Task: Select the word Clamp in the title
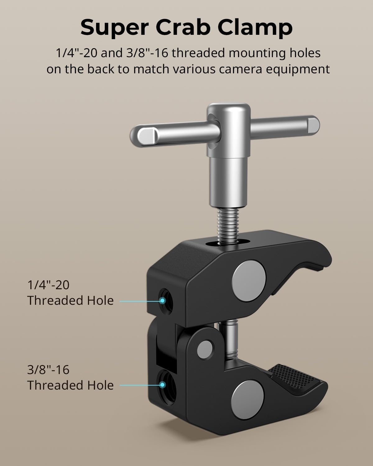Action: [x=257, y=27]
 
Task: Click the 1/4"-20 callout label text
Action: [x=48, y=285]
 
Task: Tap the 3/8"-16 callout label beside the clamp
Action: [x=48, y=370]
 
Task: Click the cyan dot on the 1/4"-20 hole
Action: [x=162, y=300]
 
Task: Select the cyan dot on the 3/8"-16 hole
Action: [x=162, y=385]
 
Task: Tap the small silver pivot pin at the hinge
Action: [x=205, y=348]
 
